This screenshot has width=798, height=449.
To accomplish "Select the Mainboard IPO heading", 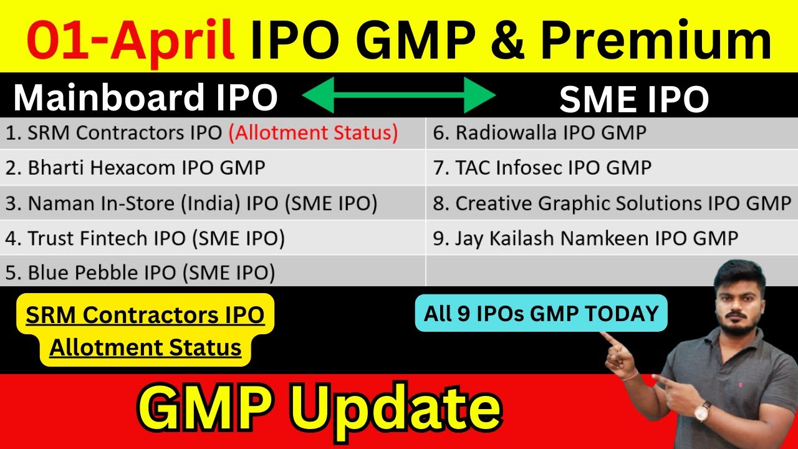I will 145,98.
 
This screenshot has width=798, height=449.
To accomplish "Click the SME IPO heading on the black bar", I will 633,99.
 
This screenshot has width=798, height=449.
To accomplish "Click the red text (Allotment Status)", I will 313,133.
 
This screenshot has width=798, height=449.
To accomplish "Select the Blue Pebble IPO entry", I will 140,273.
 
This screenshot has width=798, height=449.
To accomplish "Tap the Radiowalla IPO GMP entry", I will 539,133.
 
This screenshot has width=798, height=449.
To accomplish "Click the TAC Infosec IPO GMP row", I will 542,168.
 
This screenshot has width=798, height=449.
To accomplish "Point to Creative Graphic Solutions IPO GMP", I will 612,203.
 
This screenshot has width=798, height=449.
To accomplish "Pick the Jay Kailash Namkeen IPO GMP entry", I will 585,238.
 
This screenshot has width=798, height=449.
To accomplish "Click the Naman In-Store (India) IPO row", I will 191,203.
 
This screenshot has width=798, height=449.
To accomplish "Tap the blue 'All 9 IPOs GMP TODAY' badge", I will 541,314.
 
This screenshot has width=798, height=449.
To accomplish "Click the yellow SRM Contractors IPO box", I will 145,331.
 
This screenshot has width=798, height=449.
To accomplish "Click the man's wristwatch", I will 703,410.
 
